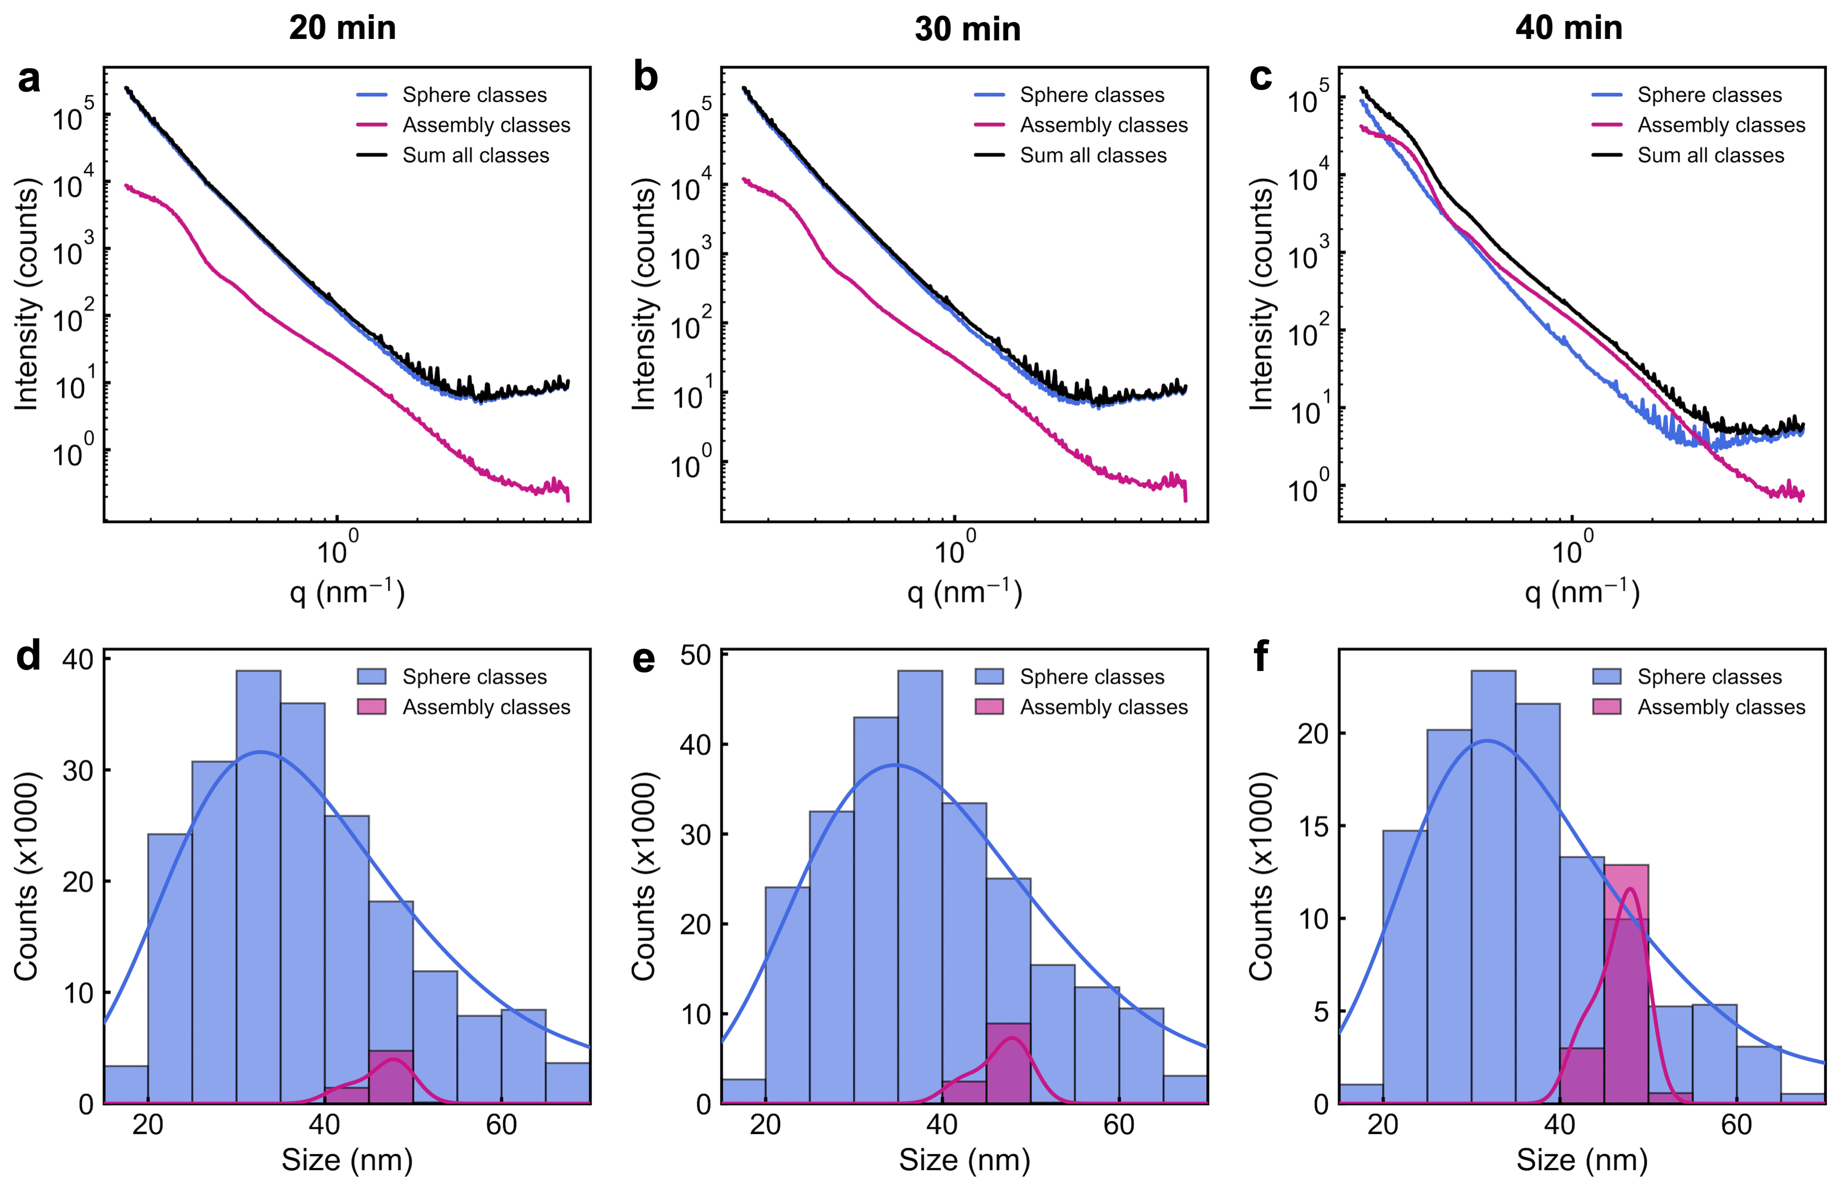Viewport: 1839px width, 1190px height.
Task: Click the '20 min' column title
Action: [342, 28]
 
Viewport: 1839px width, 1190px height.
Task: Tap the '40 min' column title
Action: [1568, 28]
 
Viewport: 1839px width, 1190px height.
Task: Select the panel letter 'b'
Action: [645, 78]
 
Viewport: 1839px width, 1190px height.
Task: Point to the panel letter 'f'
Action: [1260, 657]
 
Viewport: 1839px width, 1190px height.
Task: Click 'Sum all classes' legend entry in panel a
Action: [475, 155]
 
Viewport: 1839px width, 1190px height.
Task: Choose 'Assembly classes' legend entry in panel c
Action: [1721, 125]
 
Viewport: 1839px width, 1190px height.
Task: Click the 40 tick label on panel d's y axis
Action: [78, 659]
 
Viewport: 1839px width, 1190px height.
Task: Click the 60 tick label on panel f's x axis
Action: [1736, 1125]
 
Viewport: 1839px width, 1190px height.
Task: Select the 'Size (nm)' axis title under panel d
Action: [347, 1160]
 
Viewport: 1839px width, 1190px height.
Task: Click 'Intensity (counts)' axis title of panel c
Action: [1262, 294]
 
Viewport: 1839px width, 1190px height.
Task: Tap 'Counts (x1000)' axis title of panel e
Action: [644, 876]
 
